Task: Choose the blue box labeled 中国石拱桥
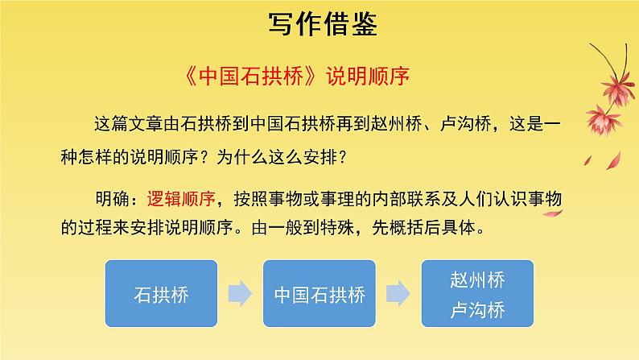pyautogui.click(x=319, y=294)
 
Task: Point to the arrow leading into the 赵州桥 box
pyautogui.click(x=397, y=294)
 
